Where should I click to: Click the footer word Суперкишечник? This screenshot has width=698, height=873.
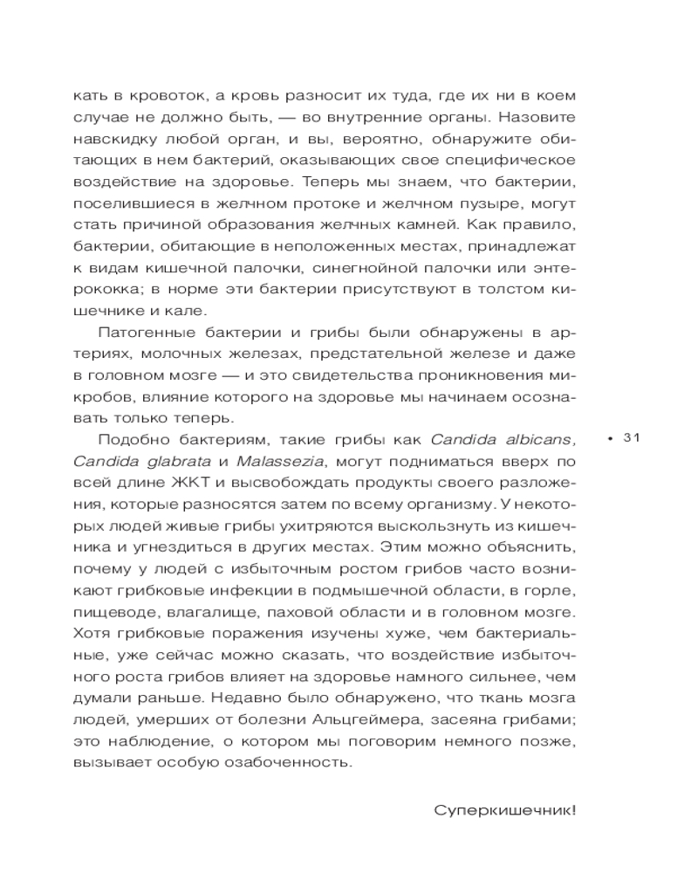[x=505, y=809]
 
